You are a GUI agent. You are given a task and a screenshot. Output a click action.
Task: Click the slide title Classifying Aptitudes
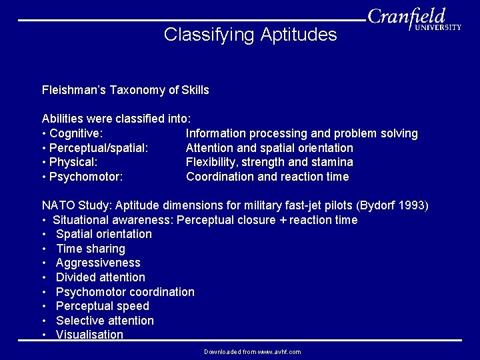pyautogui.click(x=250, y=34)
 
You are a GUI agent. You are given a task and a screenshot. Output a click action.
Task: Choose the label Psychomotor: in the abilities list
pyautogui.click(x=83, y=177)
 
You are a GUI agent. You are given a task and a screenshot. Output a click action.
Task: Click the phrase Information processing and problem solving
pyautogui.click(x=301, y=133)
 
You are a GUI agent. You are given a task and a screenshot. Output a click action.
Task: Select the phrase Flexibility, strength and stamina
pyautogui.click(x=269, y=162)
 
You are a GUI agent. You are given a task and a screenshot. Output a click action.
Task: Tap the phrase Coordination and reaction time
pyautogui.click(x=267, y=177)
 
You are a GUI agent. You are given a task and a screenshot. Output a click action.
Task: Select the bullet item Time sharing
pyautogui.click(x=90, y=249)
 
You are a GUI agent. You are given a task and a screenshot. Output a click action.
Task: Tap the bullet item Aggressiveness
pyautogui.click(x=98, y=263)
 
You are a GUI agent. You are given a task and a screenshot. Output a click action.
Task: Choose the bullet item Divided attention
pyautogui.click(x=100, y=277)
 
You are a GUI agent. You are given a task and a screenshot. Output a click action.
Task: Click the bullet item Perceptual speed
pyautogui.click(x=102, y=306)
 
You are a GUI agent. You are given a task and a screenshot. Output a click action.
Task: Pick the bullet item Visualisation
pyautogui.click(x=89, y=335)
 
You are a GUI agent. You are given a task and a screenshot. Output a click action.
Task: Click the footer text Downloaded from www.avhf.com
pyautogui.click(x=252, y=351)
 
